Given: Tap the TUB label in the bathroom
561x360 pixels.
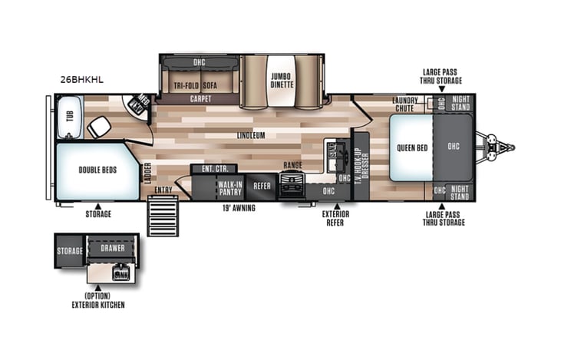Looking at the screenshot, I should (x=69, y=116).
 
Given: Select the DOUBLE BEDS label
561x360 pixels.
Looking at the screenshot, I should (x=97, y=170).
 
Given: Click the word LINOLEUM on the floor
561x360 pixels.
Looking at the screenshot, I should (x=251, y=135).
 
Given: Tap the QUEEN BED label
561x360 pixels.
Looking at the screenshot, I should (x=411, y=148).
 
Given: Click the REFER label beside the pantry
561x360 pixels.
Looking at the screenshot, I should (x=262, y=185).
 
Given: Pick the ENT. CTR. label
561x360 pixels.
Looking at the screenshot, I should (x=207, y=169).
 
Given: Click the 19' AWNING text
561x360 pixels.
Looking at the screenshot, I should (x=239, y=207).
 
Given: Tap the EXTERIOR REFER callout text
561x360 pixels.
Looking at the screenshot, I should (x=332, y=219).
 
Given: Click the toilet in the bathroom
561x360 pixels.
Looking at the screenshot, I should (x=97, y=128).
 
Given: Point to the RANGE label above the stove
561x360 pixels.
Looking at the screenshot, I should (x=292, y=166).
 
